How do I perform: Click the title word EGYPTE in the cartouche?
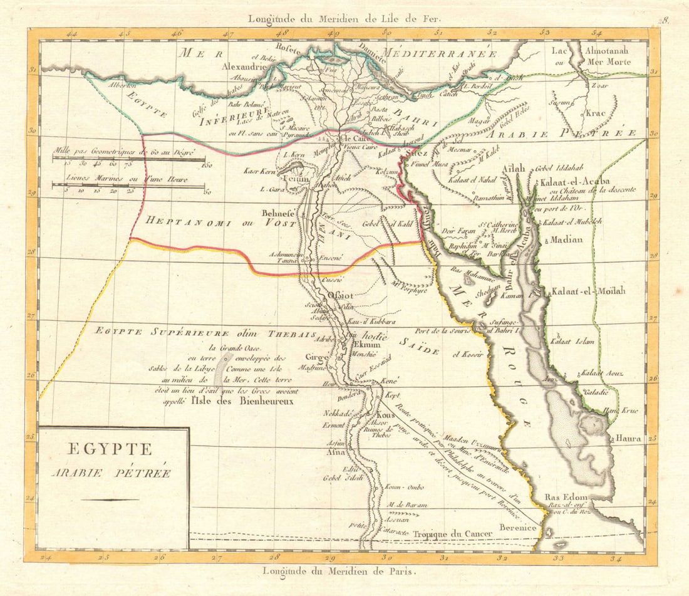pos(101,449)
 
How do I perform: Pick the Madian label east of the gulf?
pos(566,239)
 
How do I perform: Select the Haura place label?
pos(628,439)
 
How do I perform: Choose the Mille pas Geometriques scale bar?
pos(129,159)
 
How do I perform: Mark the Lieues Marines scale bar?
pos(129,185)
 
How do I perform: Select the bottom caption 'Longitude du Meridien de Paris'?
pos(338,571)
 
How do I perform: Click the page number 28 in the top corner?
pos(665,20)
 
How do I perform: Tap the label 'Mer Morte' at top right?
pos(609,62)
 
